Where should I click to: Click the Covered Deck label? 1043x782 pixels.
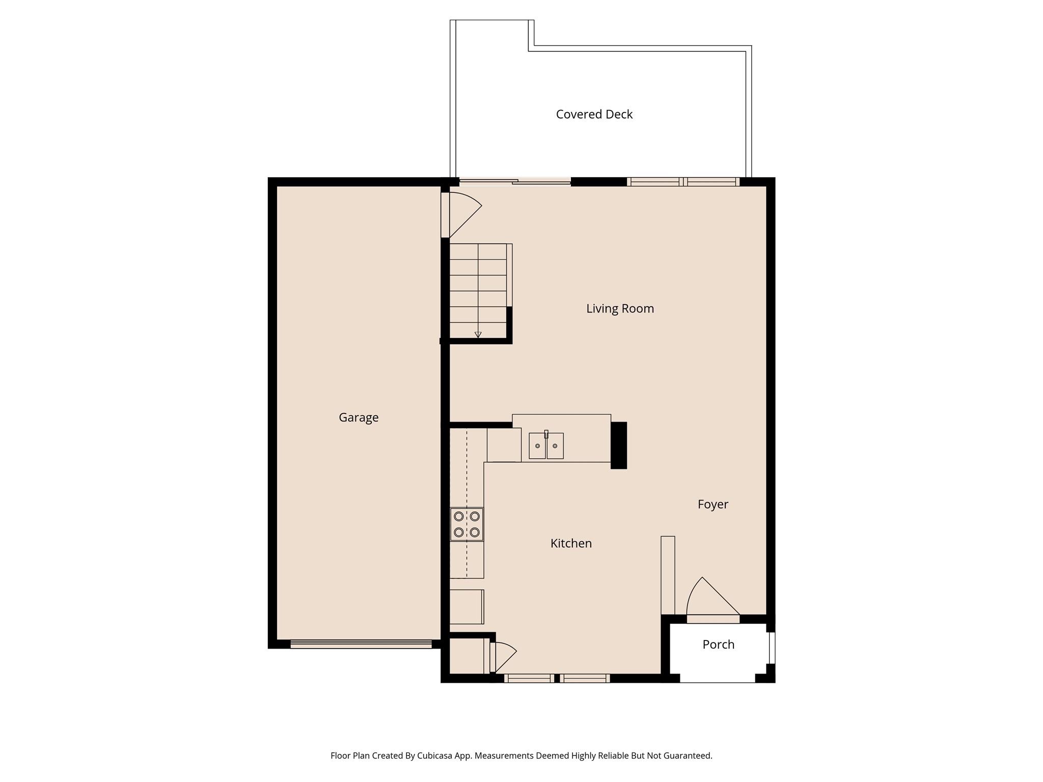point(594,115)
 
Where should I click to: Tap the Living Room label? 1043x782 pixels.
point(620,309)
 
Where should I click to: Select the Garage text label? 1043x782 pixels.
point(359,417)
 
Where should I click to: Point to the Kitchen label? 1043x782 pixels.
point(571,543)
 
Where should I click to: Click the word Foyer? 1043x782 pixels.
point(712,505)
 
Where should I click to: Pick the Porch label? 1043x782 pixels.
point(718,645)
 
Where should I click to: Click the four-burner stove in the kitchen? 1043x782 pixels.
point(466,524)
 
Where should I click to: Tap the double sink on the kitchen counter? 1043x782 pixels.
point(546,446)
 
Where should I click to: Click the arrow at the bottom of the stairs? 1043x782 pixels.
point(478,334)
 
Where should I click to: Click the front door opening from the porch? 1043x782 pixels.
point(713,619)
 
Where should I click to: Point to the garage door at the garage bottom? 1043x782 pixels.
point(361,644)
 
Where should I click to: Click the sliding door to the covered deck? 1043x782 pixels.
point(515,181)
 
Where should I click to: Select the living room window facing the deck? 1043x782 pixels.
point(683,182)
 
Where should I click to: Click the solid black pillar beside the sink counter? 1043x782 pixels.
point(618,445)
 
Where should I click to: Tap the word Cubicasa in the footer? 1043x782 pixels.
point(436,756)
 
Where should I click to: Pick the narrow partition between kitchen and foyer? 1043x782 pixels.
point(668,575)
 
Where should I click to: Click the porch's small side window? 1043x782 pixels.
point(772,648)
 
